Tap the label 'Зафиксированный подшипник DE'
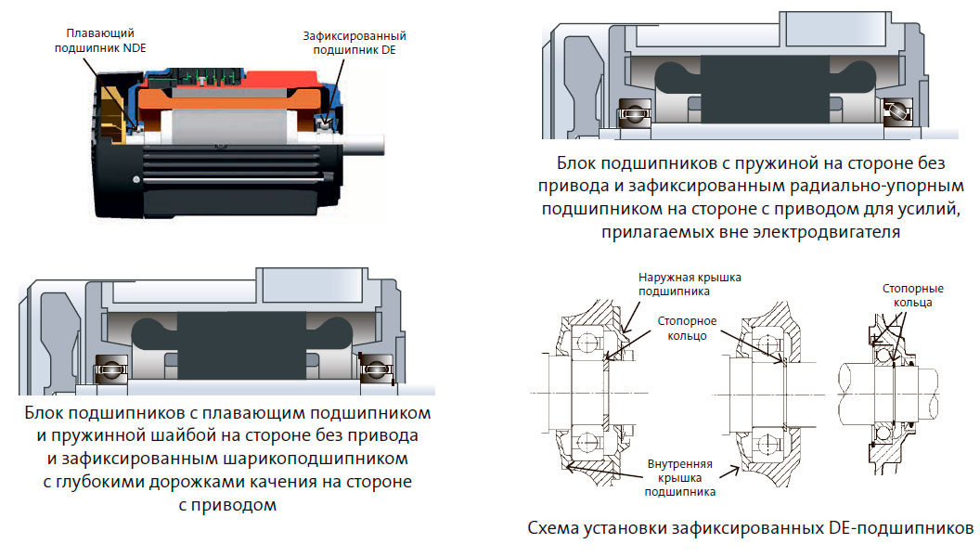pos(355,43)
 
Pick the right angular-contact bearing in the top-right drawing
pos(897,110)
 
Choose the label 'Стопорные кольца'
pos(908,296)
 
